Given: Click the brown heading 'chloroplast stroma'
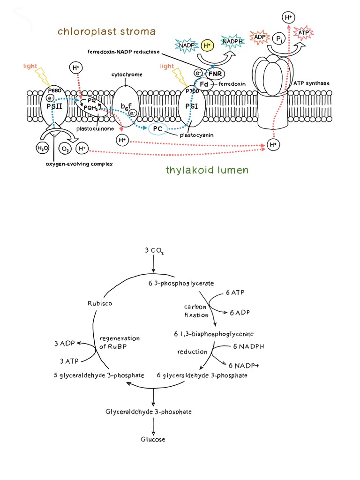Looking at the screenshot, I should [106, 31].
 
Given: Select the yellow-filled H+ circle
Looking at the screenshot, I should [207, 45].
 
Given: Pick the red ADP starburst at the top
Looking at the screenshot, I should [259, 37].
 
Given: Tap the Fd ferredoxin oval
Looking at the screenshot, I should [204, 84].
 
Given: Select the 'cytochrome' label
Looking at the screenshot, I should [127, 75].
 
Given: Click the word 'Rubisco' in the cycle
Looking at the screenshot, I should [100, 303].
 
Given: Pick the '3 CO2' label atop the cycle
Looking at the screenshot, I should [154, 251].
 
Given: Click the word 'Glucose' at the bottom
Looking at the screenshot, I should [153, 439].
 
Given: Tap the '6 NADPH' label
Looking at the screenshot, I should [249, 347].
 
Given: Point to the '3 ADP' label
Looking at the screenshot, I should [65, 344].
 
